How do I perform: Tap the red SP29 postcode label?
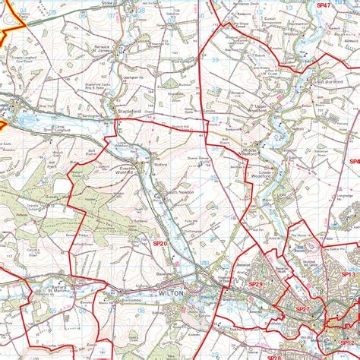(255, 283)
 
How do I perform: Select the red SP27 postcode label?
(302, 309)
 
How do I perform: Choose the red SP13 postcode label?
(348, 274)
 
